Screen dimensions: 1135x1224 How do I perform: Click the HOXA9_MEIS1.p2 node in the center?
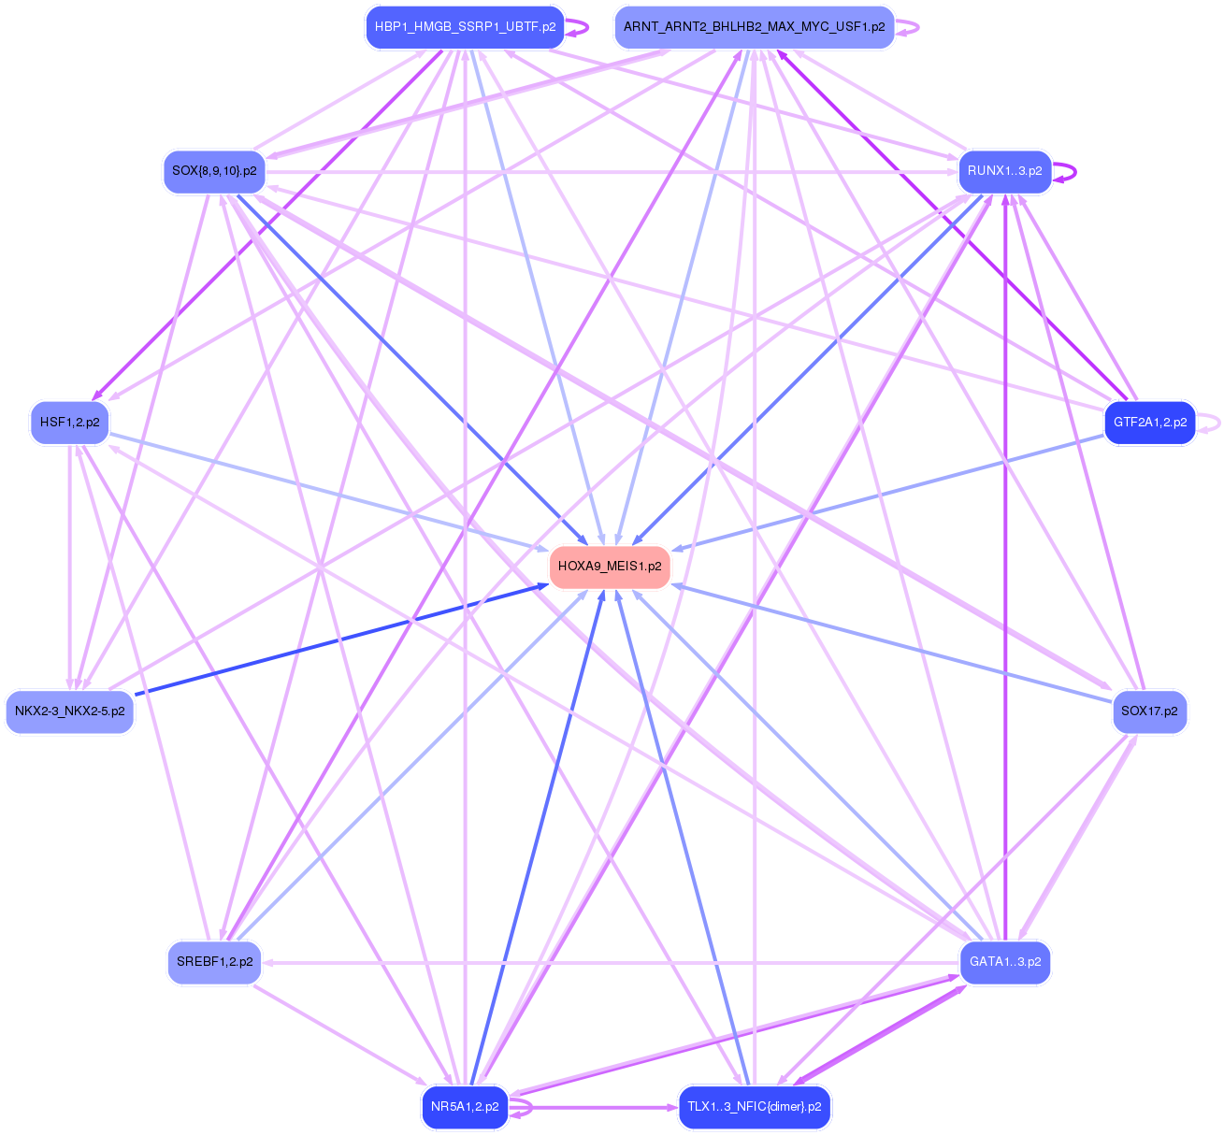pos(610,567)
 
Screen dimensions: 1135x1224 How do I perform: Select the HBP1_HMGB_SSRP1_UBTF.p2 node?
pos(465,27)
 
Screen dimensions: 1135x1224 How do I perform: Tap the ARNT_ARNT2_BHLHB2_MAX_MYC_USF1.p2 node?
pos(754,27)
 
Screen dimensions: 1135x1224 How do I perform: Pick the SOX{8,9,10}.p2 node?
pos(214,171)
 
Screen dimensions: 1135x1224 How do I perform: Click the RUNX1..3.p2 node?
pos(1004,171)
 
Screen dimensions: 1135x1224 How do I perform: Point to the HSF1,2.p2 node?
pos(70,423)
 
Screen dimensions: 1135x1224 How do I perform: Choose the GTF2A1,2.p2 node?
pos(1149,423)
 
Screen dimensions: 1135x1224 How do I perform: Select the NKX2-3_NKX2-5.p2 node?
pos(70,711)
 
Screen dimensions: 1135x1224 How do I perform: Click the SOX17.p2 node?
pos(1149,711)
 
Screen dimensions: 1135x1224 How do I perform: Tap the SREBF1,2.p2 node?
pos(214,962)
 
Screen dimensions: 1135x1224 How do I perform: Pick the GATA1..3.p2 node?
pos(1004,962)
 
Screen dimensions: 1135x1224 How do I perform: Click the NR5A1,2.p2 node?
pos(465,1107)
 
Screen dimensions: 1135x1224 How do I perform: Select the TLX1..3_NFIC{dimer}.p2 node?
pos(754,1107)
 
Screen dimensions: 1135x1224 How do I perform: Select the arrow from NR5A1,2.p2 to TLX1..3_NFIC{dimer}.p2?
pos(598,1108)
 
